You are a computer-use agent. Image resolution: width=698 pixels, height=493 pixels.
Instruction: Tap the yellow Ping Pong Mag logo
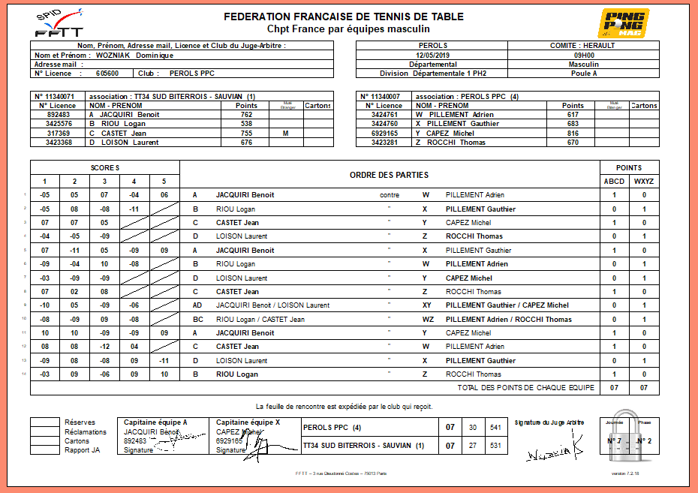tap(623, 23)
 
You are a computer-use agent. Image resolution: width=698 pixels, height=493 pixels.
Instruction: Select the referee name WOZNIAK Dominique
tap(134, 55)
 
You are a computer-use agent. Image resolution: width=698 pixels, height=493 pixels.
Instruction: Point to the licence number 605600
tap(107, 74)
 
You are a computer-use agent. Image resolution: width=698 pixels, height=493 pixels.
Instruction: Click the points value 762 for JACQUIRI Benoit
tap(246, 114)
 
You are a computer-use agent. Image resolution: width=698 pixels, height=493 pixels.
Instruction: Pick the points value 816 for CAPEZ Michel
tap(573, 133)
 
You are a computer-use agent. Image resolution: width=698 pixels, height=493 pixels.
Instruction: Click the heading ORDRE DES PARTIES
tap(389, 175)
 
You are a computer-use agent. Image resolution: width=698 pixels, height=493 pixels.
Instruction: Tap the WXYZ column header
tap(644, 181)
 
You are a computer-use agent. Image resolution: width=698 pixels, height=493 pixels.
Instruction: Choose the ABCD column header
tap(614, 181)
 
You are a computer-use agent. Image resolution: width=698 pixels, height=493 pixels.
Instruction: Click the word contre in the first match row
tap(390, 195)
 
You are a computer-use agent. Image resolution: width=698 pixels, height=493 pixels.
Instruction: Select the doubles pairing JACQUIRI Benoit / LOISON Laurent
tap(272, 305)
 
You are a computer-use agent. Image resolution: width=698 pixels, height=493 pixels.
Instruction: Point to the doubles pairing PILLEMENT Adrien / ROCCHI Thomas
tap(508, 320)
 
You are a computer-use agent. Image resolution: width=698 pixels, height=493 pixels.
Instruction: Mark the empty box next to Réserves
tap(44, 422)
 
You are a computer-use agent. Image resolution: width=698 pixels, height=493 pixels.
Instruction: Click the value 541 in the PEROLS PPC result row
tap(495, 428)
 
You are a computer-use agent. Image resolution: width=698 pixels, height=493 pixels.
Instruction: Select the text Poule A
tap(584, 74)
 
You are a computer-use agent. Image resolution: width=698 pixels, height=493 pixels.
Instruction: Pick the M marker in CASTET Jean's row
tap(285, 133)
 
